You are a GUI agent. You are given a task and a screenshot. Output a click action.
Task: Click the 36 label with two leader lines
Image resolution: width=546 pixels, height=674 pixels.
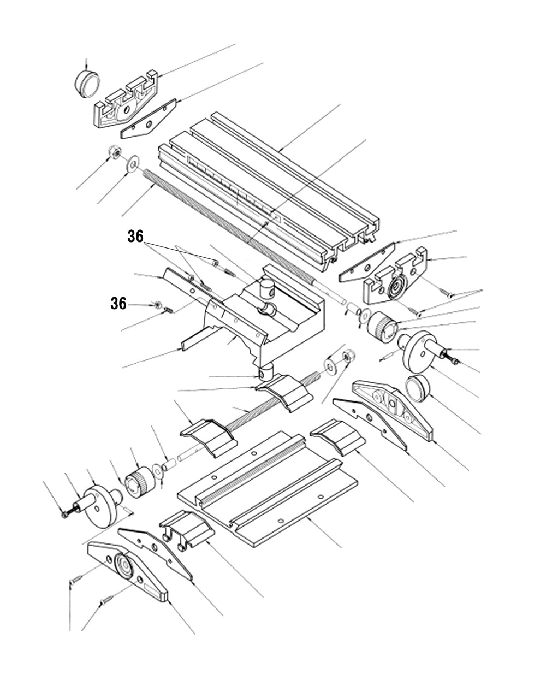pos(135,237)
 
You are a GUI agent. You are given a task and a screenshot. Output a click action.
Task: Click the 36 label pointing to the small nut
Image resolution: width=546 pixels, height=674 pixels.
pos(118,304)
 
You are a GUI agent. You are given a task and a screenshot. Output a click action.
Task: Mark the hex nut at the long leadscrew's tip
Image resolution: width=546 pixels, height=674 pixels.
pos(115,153)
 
